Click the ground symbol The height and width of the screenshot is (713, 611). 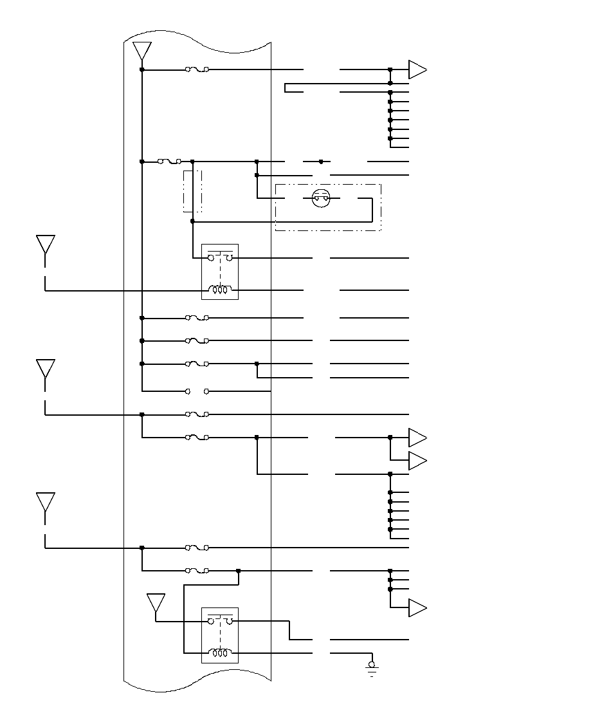point(372,669)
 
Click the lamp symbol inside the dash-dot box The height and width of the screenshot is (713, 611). point(320,198)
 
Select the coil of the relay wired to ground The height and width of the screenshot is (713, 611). point(220,653)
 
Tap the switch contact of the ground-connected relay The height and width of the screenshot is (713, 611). point(220,620)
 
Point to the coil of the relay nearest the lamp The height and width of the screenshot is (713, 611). point(220,290)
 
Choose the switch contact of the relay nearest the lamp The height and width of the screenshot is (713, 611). point(220,257)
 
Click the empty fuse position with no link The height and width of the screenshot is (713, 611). point(197,391)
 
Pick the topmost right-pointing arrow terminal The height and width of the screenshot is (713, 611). point(417,69)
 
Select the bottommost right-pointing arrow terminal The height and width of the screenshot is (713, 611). point(417,607)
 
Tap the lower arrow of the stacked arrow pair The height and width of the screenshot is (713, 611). point(417,461)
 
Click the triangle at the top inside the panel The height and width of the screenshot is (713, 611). point(141,51)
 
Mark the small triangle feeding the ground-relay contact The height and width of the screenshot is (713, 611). point(156,603)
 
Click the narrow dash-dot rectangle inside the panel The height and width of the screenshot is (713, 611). point(192,191)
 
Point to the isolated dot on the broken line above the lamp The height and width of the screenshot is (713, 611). point(321,162)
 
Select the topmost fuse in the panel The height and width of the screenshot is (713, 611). point(197,69)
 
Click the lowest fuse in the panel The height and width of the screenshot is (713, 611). point(197,570)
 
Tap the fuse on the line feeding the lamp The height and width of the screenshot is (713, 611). point(169,162)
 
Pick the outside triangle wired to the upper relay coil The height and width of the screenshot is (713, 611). point(45,245)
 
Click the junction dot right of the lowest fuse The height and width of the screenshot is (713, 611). point(239,570)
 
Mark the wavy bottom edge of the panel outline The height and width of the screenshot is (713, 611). point(197,683)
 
